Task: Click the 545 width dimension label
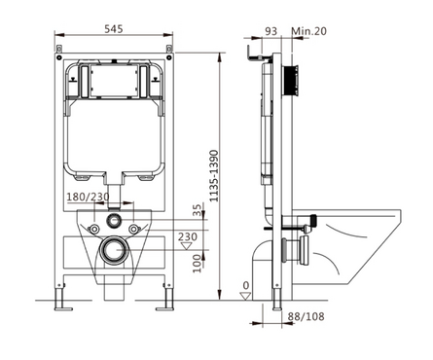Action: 114,29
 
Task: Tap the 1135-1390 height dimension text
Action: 214,176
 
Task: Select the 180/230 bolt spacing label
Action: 88,197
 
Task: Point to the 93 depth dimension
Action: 271,31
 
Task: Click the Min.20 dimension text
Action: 308,31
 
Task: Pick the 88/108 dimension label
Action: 306,316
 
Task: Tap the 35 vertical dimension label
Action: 197,210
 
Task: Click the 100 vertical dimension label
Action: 197,264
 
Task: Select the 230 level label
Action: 188,236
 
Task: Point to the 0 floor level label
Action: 246,286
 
